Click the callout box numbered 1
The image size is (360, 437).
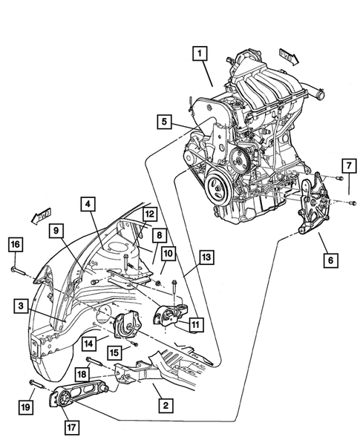point(199,54)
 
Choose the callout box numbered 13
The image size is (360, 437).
point(206,258)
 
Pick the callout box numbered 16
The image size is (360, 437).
point(15,244)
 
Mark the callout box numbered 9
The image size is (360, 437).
point(56,231)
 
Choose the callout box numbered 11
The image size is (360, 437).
point(194,323)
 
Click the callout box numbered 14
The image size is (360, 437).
point(88,343)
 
